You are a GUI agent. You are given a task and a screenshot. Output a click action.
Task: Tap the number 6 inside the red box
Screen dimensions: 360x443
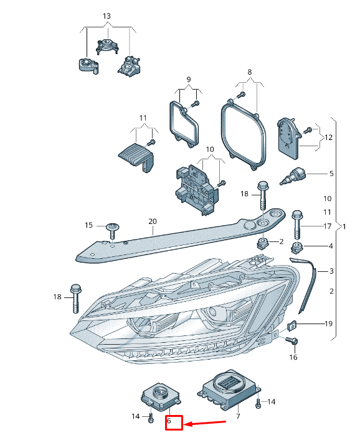click(x=169, y=421)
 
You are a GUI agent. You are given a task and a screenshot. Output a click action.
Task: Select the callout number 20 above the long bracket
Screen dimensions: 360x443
click(x=153, y=222)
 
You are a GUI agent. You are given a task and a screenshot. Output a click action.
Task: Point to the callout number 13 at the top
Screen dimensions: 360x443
click(x=107, y=16)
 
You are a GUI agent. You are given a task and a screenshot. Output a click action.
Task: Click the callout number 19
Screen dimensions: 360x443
click(x=328, y=324)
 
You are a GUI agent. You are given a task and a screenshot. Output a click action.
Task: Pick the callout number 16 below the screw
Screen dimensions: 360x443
click(x=293, y=357)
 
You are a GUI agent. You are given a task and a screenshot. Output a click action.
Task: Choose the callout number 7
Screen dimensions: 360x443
click(x=238, y=416)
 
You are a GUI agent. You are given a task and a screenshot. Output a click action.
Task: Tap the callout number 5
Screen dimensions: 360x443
click(x=331, y=174)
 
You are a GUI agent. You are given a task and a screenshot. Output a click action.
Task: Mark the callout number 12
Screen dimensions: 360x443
click(x=328, y=138)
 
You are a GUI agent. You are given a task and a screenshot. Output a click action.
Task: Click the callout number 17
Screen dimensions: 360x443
click(x=327, y=226)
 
